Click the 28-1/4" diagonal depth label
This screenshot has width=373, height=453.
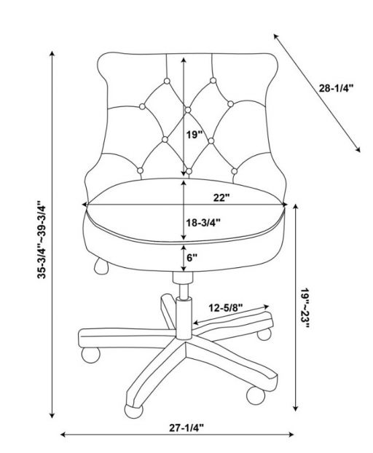(x=336, y=88)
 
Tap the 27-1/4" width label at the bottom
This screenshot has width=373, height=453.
(x=186, y=428)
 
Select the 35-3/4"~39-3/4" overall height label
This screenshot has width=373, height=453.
(x=42, y=239)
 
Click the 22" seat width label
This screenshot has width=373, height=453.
(x=221, y=198)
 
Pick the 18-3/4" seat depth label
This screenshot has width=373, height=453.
(x=203, y=222)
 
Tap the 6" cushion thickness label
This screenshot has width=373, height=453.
(x=192, y=258)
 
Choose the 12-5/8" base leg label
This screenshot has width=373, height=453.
(x=226, y=308)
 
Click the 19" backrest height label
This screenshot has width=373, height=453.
(x=193, y=134)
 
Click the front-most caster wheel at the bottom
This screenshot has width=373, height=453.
(x=133, y=411)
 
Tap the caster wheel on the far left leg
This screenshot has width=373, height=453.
(x=91, y=355)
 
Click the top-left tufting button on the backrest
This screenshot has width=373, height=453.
(x=167, y=81)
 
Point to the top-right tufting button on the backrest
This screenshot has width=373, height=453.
(x=213, y=80)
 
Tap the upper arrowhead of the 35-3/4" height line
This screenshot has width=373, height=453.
(x=52, y=54)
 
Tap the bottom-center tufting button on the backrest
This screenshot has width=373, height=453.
(x=189, y=171)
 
